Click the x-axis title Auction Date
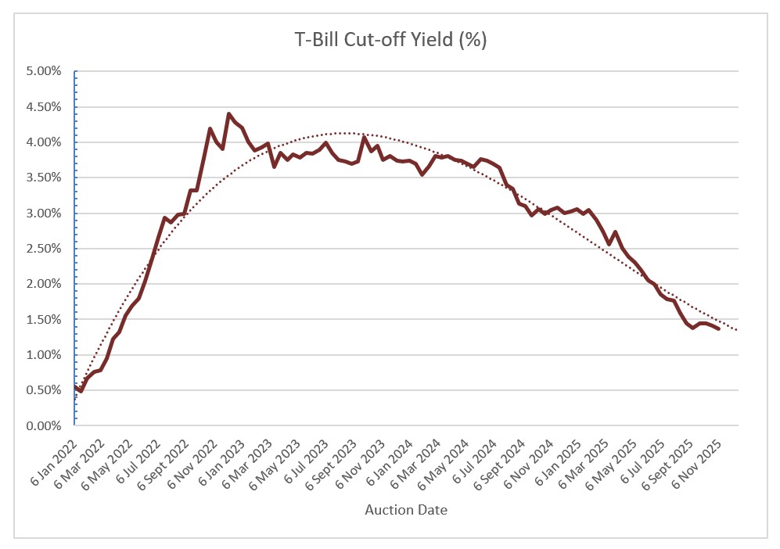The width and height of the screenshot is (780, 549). click(406, 510)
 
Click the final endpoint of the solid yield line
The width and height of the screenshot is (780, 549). click(718, 329)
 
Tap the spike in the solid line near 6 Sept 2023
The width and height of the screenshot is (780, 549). click(365, 137)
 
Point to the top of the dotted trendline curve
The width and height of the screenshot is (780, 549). click(344, 133)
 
